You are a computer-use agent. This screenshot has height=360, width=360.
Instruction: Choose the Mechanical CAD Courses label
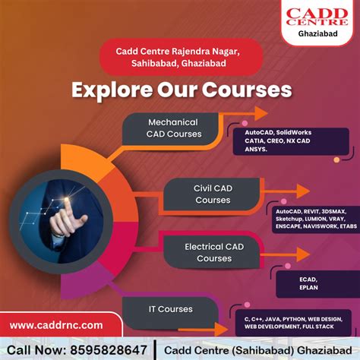tap(174, 128)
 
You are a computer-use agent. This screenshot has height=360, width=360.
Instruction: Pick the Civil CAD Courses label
tap(213, 193)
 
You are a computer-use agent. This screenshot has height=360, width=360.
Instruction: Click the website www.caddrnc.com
tap(57, 325)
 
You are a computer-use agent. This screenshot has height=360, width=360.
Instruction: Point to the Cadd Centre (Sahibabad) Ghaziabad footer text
tap(257, 348)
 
